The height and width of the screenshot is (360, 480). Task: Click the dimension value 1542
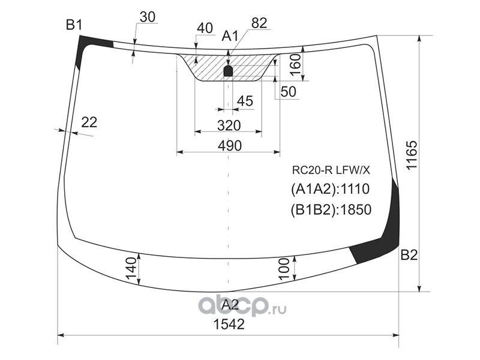[229, 325]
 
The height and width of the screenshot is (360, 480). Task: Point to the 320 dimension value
[229, 125]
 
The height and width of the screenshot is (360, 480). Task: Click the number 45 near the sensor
[244, 101]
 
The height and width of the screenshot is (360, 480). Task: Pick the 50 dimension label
[288, 91]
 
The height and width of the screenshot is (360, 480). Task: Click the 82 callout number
[259, 23]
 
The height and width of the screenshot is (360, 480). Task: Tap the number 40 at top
[205, 28]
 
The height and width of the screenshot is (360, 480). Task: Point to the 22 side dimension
[88, 122]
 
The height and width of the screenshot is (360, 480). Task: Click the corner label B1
[74, 25]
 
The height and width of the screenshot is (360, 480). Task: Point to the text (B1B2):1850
[331, 209]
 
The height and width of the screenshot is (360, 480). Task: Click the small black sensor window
[228, 71]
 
